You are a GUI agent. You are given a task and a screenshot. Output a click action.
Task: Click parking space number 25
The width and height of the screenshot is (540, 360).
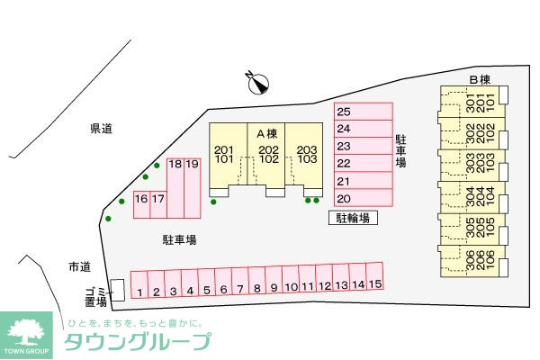[x=364, y=112]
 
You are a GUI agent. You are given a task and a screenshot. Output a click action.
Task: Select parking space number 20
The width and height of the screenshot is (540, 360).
[x=364, y=198]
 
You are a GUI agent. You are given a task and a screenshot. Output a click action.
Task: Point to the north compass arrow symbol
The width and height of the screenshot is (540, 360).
[x=258, y=83]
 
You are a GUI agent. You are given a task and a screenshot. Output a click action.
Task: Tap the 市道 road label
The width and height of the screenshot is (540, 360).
[x=79, y=267]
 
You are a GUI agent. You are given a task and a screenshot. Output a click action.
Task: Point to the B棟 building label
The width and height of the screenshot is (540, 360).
[x=479, y=79]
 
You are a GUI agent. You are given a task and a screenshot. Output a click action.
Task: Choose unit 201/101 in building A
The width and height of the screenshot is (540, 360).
[x=224, y=155]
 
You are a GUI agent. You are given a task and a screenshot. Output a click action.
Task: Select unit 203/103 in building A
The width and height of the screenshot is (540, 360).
[x=307, y=155]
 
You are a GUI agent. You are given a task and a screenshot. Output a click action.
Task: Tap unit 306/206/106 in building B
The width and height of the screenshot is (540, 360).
[x=472, y=261]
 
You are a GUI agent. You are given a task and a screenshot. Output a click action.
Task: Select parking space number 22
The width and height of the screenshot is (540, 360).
[x=364, y=164]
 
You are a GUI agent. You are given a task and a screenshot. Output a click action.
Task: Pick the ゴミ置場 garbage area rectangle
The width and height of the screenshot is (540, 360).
[x=116, y=289]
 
